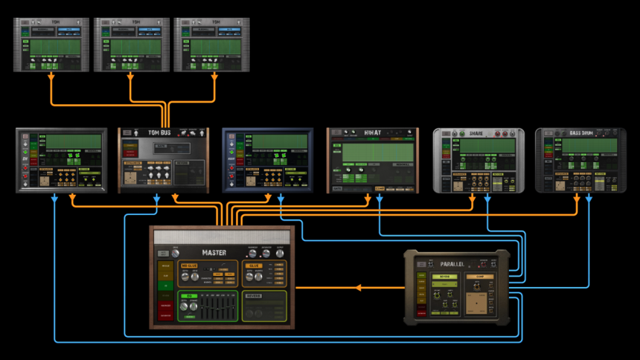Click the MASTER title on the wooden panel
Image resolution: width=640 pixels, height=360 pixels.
click(x=214, y=252)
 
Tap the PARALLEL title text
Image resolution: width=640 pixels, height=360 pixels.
click(x=452, y=264)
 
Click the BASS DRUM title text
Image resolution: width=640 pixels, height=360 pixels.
click(x=580, y=133)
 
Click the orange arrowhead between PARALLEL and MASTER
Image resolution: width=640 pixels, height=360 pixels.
click(x=359, y=287)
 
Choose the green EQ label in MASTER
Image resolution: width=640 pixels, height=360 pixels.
click(x=189, y=296)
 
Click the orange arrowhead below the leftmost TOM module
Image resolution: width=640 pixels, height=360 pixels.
click(x=51, y=77)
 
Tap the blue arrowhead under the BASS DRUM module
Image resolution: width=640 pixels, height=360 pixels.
click(x=589, y=199)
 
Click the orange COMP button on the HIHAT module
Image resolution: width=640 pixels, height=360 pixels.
click(x=380, y=188)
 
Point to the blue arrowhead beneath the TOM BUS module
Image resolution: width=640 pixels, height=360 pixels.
click(x=156, y=199)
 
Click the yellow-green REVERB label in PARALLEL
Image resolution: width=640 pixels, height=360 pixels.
click(x=444, y=276)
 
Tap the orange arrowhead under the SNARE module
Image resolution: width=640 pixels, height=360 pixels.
click(x=473, y=199)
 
